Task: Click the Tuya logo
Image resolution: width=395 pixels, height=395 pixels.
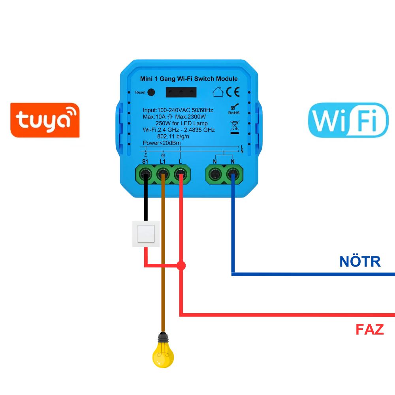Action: click(45, 120)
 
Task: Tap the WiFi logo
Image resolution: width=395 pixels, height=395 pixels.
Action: click(348, 120)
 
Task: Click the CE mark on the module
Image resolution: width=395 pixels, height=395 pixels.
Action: click(233, 92)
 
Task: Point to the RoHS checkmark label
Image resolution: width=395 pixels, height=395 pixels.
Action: click(234, 109)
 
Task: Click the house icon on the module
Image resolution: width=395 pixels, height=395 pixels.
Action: click(218, 92)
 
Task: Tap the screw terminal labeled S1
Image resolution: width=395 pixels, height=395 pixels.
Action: click(145, 173)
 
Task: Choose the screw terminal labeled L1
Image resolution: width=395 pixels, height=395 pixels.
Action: click(163, 173)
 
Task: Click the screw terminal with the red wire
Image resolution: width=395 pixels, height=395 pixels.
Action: click(181, 173)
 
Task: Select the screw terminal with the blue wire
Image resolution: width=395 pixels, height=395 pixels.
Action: click(233, 173)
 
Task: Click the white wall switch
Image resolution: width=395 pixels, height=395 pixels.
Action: click(146, 234)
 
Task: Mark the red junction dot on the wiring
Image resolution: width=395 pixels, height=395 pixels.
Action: click(181, 265)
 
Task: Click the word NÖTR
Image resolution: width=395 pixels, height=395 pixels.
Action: click(360, 261)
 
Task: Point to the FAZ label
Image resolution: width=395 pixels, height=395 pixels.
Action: click(370, 329)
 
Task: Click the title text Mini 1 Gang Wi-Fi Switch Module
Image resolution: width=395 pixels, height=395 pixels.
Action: click(189, 79)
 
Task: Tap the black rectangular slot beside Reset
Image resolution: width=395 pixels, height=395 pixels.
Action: click(181, 92)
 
